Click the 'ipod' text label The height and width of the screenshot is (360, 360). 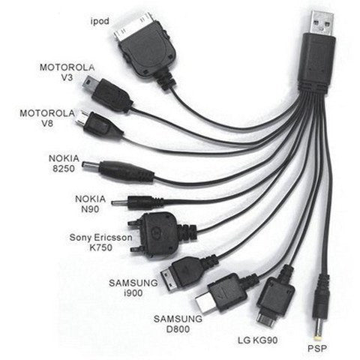(100, 21)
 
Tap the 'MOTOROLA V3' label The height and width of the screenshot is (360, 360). (67, 72)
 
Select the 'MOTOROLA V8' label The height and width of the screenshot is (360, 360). (47, 118)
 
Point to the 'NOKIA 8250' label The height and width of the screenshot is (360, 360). (64, 163)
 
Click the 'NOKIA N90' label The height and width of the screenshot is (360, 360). (90, 204)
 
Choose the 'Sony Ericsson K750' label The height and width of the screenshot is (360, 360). (100, 242)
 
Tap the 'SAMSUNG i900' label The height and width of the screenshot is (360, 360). (133, 288)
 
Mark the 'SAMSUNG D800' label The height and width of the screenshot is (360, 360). (178, 324)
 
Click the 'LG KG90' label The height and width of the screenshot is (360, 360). (257, 340)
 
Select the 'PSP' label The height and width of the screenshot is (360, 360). (317, 348)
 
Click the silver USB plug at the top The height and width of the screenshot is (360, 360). (322, 22)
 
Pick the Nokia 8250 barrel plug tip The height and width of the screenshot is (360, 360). (91, 166)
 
